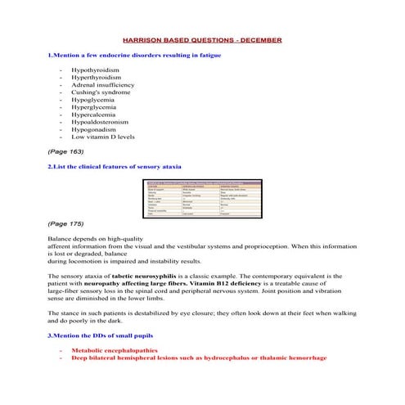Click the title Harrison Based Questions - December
click(x=201, y=39)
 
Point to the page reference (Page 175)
click(x=65, y=223)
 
